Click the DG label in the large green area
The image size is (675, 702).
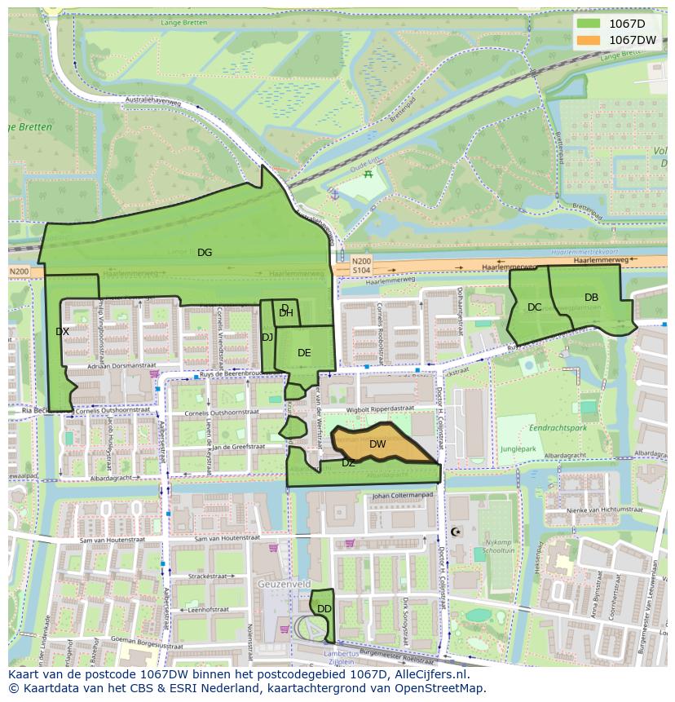point(205,253)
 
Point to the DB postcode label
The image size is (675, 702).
point(591,298)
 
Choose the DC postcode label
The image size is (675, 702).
point(534,307)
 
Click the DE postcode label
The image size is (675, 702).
point(304,353)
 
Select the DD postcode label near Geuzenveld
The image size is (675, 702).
point(324,609)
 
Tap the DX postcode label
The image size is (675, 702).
point(62,332)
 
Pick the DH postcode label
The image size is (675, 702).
point(286,313)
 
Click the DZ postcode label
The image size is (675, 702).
point(348,463)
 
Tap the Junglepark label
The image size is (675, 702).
point(519,448)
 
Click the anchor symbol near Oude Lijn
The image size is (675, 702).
point(333,194)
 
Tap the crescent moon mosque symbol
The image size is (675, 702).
point(455,532)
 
